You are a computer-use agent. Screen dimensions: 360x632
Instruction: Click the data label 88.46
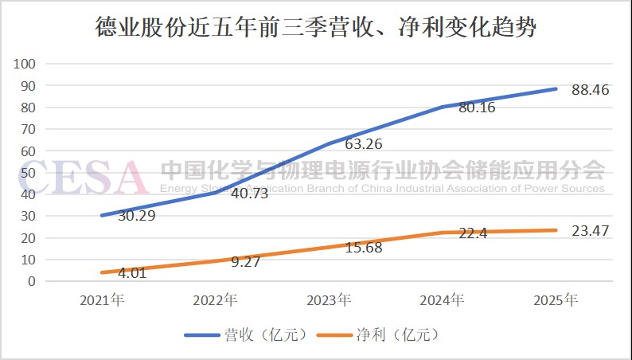(591, 90)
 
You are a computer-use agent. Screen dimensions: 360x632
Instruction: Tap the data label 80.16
(477, 108)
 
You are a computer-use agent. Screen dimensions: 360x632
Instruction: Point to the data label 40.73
(249, 194)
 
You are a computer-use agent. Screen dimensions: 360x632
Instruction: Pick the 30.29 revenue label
(136, 216)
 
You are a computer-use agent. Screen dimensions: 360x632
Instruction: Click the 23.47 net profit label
(591, 231)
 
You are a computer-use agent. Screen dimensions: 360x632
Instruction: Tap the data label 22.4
(471, 233)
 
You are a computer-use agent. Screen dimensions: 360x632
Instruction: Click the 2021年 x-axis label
(101, 300)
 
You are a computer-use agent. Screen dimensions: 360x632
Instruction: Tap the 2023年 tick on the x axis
(329, 300)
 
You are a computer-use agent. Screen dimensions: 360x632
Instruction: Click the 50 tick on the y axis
(29, 172)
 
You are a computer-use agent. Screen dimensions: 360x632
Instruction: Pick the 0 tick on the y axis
(33, 281)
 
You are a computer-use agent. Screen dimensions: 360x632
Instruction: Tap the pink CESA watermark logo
(84, 177)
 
